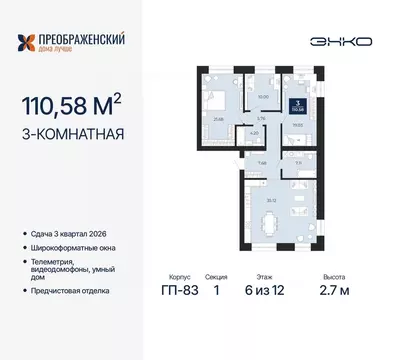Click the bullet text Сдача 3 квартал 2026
(72, 234)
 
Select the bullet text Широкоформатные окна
(78, 247)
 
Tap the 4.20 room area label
(226, 132)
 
